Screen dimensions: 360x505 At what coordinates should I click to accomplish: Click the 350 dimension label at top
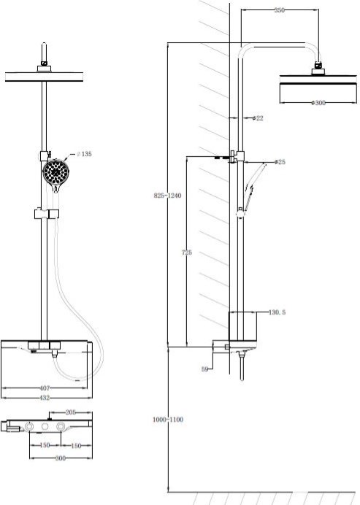pyautogui.click(x=280, y=10)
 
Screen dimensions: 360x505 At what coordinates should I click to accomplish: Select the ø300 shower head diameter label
pyautogui.click(x=318, y=103)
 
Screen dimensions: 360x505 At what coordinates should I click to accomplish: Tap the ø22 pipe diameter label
pyautogui.click(x=258, y=118)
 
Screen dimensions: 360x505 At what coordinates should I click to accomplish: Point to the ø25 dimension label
pyautogui.click(x=280, y=162)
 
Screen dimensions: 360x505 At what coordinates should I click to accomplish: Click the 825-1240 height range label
pyautogui.click(x=167, y=196)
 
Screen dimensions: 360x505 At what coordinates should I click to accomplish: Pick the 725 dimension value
pyautogui.click(x=187, y=252)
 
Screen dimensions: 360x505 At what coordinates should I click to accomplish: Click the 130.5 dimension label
pyautogui.click(x=277, y=312)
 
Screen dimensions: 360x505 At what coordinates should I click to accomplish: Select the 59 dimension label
pyautogui.click(x=204, y=369)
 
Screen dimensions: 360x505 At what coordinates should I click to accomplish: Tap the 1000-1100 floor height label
pyautogui.click(x=168, y=420)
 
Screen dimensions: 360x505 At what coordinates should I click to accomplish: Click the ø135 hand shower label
pyautogui.click(x=85, y=154)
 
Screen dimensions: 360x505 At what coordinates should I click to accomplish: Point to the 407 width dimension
pyautogui.click(x=45, y=388)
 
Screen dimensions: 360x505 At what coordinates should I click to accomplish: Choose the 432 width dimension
pyautogui.click(x=45, y=398)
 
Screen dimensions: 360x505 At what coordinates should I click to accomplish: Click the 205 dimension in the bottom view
pyautogui.click(x=70, y=412)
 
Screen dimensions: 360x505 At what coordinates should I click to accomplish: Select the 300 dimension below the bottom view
pyautogui.click(x=61, y=458)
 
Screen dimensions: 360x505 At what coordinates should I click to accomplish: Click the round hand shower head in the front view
pyautogui.click(x=55, y=173)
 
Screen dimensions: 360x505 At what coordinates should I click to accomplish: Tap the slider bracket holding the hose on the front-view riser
pyautogui.click(x=47, y=214)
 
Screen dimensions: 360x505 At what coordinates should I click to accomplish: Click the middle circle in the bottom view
pyautogui.click(x=45, y=426)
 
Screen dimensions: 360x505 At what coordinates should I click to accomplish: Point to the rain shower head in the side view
pyautogui.click(x=318, y=85)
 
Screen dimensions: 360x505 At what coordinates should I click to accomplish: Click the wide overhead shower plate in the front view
pyautogui.click(x=44, y=77)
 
